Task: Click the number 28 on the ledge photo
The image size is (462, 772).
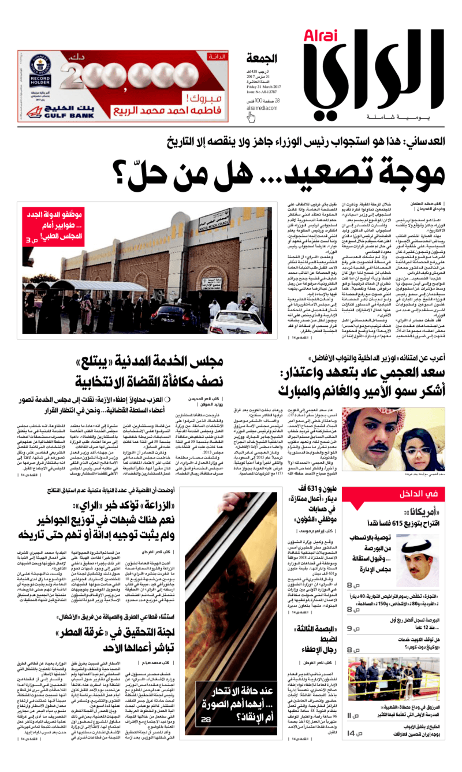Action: (x=206, y=734)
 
